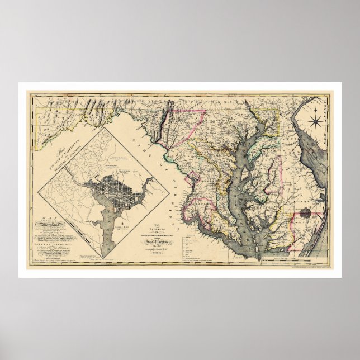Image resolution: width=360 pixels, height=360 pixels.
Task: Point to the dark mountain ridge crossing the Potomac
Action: click(x=164, y=120)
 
